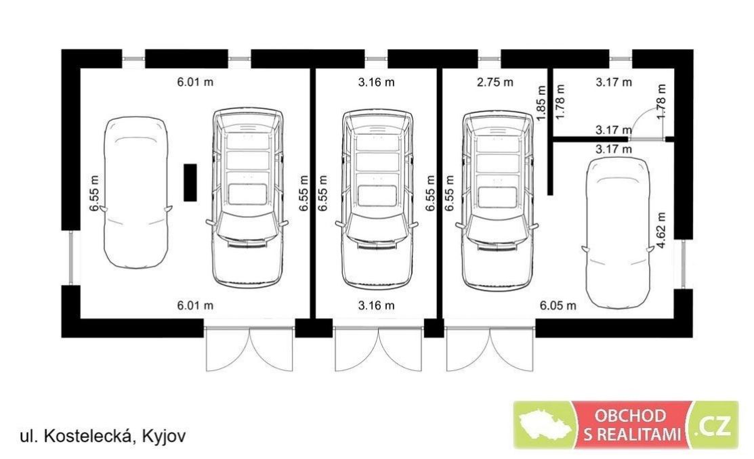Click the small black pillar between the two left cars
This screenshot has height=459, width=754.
pos(190,182)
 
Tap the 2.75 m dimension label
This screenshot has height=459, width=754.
pos(495,82)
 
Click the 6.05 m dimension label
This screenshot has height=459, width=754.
pos(558,305)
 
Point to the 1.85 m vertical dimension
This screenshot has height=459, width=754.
pos(541,103)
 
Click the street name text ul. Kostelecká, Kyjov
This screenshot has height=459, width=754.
pos(102,436)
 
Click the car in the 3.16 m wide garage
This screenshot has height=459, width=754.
pos(377,198)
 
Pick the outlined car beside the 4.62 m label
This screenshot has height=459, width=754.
pos(618,232)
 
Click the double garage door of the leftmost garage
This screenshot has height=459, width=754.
pos(249,349)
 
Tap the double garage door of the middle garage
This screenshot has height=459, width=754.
pos(379,349)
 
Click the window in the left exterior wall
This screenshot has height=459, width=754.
pos(71,258)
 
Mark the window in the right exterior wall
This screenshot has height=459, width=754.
pos(683,264)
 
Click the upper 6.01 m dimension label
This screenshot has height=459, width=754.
pos(195,82)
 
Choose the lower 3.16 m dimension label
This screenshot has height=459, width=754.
pos(377,305)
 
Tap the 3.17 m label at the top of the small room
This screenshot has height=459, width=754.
pos(614,82)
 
